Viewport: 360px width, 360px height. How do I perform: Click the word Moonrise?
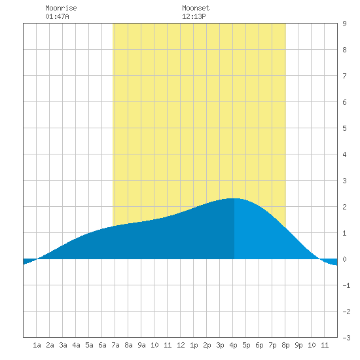tap(61, 8)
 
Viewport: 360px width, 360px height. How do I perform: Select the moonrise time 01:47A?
tap(57, 16)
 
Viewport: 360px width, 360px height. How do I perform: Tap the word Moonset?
tap(196, 8)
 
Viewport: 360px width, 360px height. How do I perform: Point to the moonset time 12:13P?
tap(194, 16)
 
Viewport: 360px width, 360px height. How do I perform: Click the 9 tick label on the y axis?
tap(344, 24)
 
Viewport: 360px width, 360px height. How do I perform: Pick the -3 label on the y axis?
tap(346, 338)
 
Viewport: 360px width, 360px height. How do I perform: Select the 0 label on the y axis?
tap(344, 259)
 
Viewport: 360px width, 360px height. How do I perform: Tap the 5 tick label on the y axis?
tap(344, 128)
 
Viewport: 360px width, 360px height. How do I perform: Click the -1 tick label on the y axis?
tap(346, 285)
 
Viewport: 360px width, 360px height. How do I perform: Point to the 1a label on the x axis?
tap(37, 345)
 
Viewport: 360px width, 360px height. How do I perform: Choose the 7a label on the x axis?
tap(115, 345)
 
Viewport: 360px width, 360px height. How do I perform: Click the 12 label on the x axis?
tap(181, 345)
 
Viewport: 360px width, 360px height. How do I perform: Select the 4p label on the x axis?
tap(233, 345)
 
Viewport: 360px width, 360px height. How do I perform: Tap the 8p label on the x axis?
tap(285, 345)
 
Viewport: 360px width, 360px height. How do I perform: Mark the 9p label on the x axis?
tap(298, 345)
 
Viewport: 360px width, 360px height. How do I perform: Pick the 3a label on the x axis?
tap(63, 345)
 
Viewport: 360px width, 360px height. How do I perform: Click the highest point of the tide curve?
tap(234, 198)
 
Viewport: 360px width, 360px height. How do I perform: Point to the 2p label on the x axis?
tap(207, 345)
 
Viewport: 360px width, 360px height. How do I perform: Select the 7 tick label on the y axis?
tap(344, 76)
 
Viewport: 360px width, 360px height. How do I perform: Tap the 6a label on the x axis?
tap(102, 345)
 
